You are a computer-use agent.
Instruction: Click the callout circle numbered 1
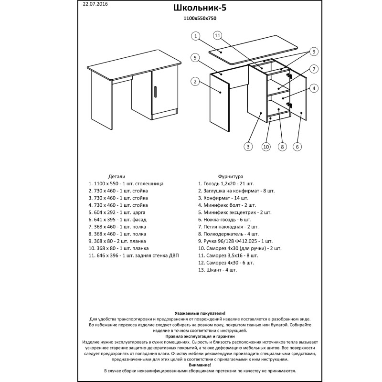(x=196, y=36)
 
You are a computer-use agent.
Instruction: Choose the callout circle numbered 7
(x=313, y=69)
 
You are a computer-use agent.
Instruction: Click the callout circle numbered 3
(x=248, y=147)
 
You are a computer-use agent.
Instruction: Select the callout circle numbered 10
(x=266, y=147)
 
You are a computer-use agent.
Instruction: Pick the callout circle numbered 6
(x=297, y=147)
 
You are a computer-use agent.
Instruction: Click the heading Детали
(x=117, y=176)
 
